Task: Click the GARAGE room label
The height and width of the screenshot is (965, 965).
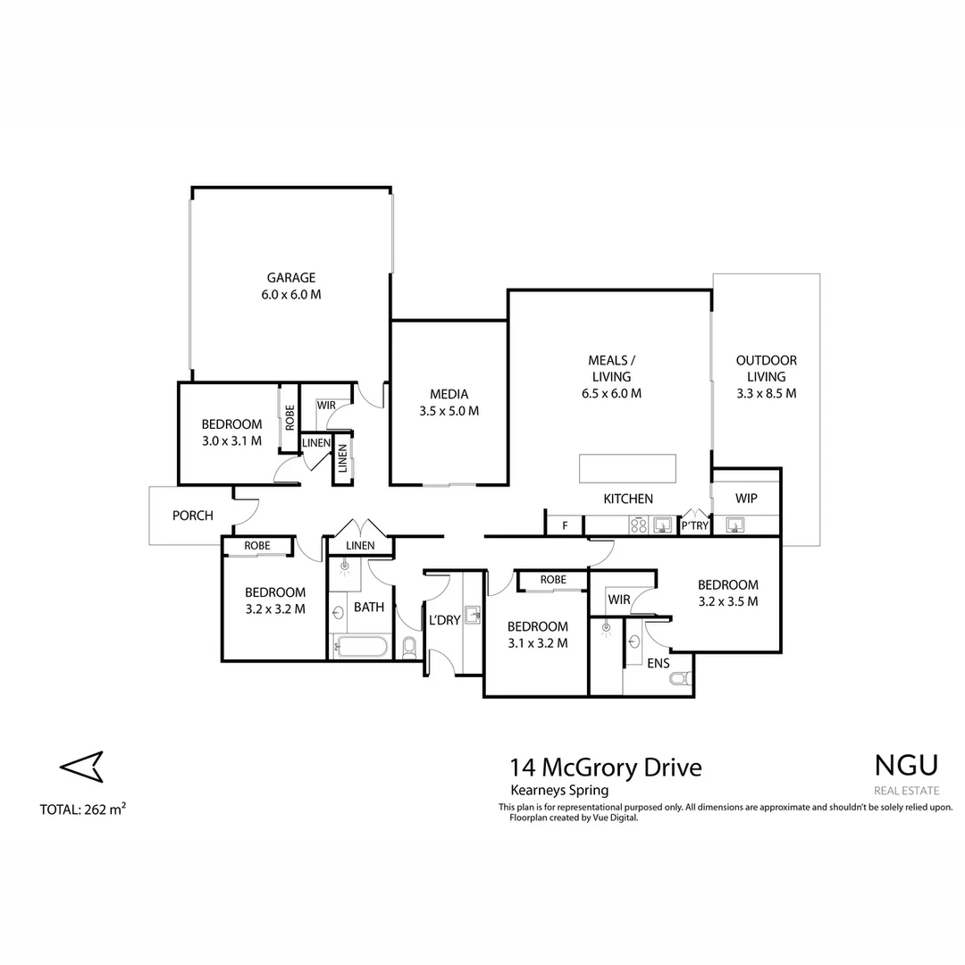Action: tap(291, 278)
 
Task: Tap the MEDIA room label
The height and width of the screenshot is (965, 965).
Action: tap(449, 394)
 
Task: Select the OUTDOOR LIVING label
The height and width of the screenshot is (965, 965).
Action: tap(766, 361)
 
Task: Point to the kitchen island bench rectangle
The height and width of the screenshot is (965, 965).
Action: tap(627, 468)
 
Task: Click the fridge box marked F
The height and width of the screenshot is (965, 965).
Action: tap(565, 525)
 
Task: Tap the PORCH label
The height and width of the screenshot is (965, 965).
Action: tap(193, 516)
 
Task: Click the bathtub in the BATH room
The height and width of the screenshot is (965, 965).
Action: tap(360, 646)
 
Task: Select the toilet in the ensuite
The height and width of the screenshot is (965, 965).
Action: tap(681, 680)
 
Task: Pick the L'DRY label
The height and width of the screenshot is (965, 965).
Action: tap(444, 620)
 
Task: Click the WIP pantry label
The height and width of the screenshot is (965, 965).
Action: tap(747, 499)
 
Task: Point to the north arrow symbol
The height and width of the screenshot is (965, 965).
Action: tap(81, 766)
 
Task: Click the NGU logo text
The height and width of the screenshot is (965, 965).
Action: tap(906, 766)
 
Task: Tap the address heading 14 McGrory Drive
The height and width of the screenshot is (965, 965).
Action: tap(606, 768)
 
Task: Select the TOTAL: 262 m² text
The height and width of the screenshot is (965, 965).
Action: tap(83, 810)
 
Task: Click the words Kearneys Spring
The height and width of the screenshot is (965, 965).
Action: tap(558, 790)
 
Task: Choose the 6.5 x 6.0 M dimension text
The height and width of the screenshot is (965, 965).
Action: tap(611, 393)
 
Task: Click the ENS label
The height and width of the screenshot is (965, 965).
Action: tap(659, 663)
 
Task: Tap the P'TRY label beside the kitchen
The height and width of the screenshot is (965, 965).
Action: tap(694, 526)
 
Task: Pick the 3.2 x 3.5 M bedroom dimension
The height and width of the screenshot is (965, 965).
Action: tap(728, 601)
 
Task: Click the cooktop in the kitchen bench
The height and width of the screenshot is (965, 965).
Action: tap(639, 525)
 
